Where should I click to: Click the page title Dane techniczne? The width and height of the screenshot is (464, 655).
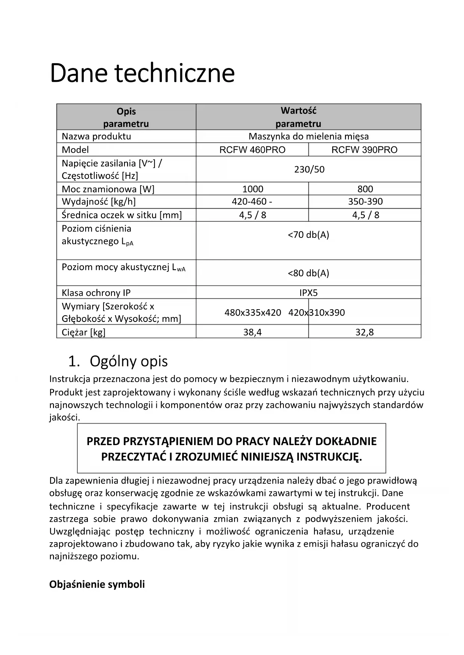pyautogui.click(x=142, y=73)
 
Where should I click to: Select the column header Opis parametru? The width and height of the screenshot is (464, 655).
pyautogui.click(x=126, y=117)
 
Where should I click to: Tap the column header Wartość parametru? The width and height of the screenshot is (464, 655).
pyautogui.click(x=298, y=117)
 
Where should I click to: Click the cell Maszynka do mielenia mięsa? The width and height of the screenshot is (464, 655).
pyautogui.click(x=308, y=136)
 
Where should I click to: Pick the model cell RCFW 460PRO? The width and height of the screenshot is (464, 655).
pyautogui.click(x=252, y=150)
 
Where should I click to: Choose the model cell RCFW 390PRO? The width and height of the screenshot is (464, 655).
pyautogui.click(x=365, y=150)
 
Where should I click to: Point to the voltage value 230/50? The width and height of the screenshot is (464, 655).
pyautogui.click(x=309, y=170)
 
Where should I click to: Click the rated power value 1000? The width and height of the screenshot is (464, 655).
pyautogui.click(x=253, y=189)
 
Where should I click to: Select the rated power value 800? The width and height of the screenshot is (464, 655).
pyautogui.click(x=365, y=189)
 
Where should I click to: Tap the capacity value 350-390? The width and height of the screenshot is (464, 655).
pyautogui.click(x=365, y=202)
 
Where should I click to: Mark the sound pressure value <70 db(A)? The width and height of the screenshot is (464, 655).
pyautogui.click(x=308, y=235)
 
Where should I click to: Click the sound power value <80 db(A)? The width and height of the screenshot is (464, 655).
pyautogui.click(x=308, y=273)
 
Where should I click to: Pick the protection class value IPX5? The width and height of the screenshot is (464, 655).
pyautogui.click(x=308, y=293)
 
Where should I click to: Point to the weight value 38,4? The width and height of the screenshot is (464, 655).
pyautogui.click(x=252, y=332)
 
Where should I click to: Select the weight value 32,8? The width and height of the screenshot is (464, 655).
pyautogui.click(x=365, y=332)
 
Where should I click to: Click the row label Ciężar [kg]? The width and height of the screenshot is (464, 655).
pyautogui.click(x=83, y=332)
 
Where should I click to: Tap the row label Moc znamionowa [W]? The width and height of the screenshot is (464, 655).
pyautogui.click(x=108, y=189)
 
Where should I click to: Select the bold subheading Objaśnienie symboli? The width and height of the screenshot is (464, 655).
pyautogui.click(x=97, y=584)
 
